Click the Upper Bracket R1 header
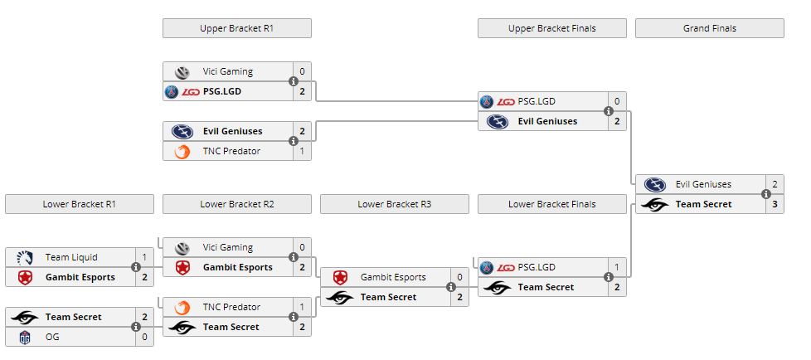click(237, 28)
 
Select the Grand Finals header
click(710, 28)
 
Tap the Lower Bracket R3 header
click(395, 204)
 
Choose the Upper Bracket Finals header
click(552, 28)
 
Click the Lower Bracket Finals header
click(552, 204)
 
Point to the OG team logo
click(24, 338)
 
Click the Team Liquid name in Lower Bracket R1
click(71, 257)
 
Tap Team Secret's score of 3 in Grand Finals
click(775, 204)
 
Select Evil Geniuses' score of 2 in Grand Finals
click(775, 184)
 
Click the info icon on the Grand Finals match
click(766, 194)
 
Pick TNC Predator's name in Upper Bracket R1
click(231, 151)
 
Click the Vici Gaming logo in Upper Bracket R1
click(182, 72)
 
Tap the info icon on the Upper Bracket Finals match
click(609, 111)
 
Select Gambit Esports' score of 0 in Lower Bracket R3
click(459, 277)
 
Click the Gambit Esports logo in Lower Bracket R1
click(24, 277)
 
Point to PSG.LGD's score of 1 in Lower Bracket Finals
click(617, 267)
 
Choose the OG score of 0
click(145, 338)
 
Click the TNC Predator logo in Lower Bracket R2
click(182, 307)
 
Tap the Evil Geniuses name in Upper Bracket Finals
click(548, 122)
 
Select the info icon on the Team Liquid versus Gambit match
click(136, 267)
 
